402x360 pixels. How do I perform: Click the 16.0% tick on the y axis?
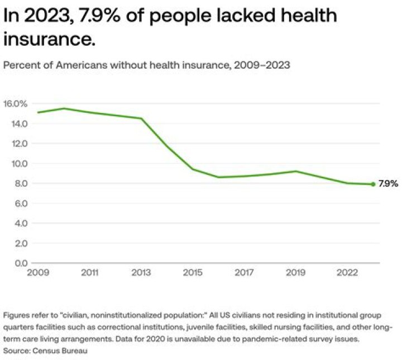click(x=15, y=103)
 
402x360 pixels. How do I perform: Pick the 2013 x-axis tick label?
click(x=141, y=273)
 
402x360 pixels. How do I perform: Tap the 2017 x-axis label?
click(x=243, y=273)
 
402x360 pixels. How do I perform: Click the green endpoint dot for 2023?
click(x=373, y=184)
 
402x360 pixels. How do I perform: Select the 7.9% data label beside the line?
click(x=388, y=183)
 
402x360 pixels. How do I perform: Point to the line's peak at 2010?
click(x=64, y=108)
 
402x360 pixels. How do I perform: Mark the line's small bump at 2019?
click(x=295, y=171)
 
